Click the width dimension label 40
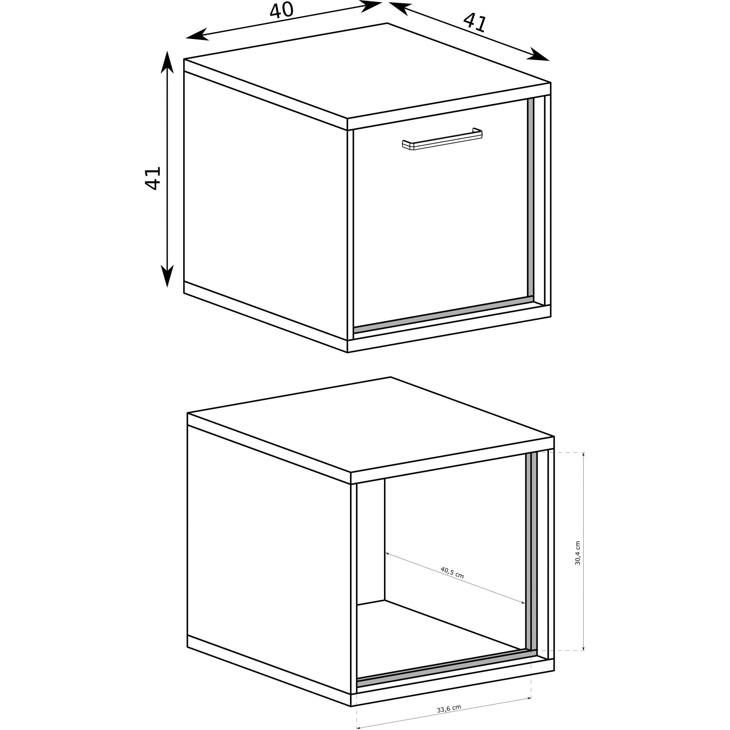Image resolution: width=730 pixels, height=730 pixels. pyautogui.click(x=281, y=10)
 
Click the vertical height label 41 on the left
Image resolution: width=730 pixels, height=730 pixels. pyautogui.click(x=153, y=178)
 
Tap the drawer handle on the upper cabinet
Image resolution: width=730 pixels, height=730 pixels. pyautogui.click(x=442, y=139)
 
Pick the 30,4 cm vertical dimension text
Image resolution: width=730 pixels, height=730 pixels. pyautogui.click(x=577, y=553)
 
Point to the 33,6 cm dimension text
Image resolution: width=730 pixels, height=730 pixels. pyautogui.click(x=449, y=709)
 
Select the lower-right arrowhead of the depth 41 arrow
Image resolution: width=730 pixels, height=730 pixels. pyautogui.click(x=538, y=55)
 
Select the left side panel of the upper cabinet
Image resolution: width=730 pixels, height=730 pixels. pyautogui.click(x=266, y=206)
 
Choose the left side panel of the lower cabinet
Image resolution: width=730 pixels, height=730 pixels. pyautogui.click(x=269, y=560)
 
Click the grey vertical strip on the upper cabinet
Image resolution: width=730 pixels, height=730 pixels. pyautogui.click(x=531, y=198)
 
